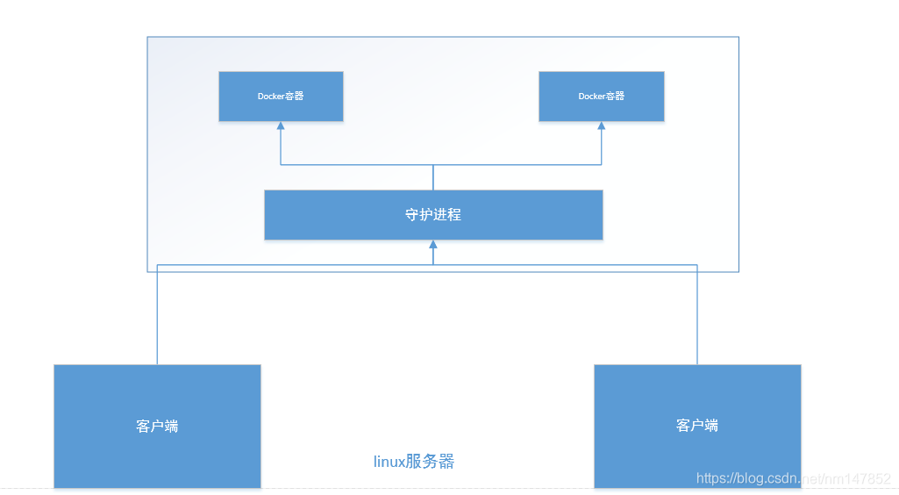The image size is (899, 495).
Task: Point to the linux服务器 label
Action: [x=414, y=462]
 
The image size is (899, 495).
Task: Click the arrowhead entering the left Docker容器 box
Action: [x=281, y=126]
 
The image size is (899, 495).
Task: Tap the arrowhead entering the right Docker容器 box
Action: [x=602, y=126]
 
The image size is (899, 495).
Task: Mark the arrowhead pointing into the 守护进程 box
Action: [x=433, y=245]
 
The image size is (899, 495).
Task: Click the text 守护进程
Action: [x=433, y=214]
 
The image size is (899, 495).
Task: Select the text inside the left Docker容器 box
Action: [x=281, y=97]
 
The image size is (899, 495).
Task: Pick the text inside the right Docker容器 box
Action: [x=602, y=97]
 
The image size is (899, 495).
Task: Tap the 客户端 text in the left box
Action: [x=158, y=426]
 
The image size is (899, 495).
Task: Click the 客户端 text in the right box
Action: [x=697, y=425]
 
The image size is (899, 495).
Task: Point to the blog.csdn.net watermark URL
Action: [x=793, y=478]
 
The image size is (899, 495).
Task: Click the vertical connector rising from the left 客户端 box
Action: [x=157, y=316]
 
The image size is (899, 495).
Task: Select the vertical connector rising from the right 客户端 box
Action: [x=697, y=316]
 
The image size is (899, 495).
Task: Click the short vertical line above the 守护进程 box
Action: [x=433, y=177]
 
